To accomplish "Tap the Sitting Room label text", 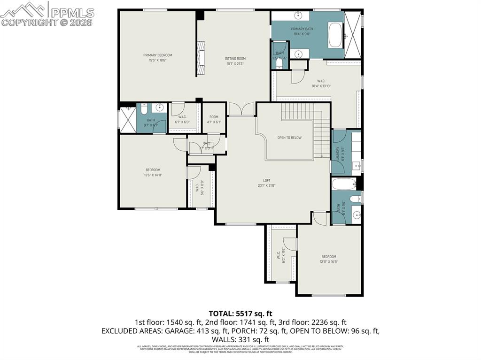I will coord(235,61).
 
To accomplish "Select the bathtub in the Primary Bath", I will coord(335,35).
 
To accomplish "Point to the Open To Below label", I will coord(289,138).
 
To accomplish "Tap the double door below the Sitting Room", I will coord(241,109).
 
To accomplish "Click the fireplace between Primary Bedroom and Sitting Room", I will coord(201,58).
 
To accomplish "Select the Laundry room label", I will coord(343,153).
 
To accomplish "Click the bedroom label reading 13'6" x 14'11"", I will coord(153,172).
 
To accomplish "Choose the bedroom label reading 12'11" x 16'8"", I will coord(328,259).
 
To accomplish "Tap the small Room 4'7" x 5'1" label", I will coord(214,119).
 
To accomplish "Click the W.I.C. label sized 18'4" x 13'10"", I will coord(321,84).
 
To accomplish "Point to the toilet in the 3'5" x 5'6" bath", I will coord(279,62).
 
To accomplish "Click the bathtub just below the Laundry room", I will coord(344,184).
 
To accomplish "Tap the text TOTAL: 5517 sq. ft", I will coord(240,313).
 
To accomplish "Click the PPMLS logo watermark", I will coord(47,14).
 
